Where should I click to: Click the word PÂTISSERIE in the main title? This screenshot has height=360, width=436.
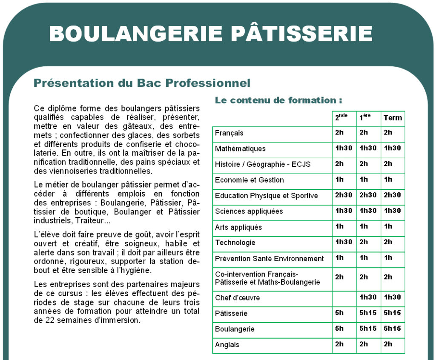point(304,33)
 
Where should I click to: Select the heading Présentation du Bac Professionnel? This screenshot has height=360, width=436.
point(142,83)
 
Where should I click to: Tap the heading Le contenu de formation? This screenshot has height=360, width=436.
point(278,100)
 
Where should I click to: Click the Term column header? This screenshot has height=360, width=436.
point(393,118)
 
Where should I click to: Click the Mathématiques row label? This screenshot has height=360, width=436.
point(240,149)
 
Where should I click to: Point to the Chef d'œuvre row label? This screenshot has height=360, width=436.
point(237,297)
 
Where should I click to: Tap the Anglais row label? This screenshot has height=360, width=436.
point(227,345)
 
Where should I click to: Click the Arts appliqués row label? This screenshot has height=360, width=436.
point(238,227)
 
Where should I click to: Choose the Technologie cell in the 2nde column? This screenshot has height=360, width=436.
point(344,242)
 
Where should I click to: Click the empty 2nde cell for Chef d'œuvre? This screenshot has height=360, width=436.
point(344,298)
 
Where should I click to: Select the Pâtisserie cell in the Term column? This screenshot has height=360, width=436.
point(393,313)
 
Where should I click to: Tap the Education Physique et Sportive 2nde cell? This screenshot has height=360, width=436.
point(344,195)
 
